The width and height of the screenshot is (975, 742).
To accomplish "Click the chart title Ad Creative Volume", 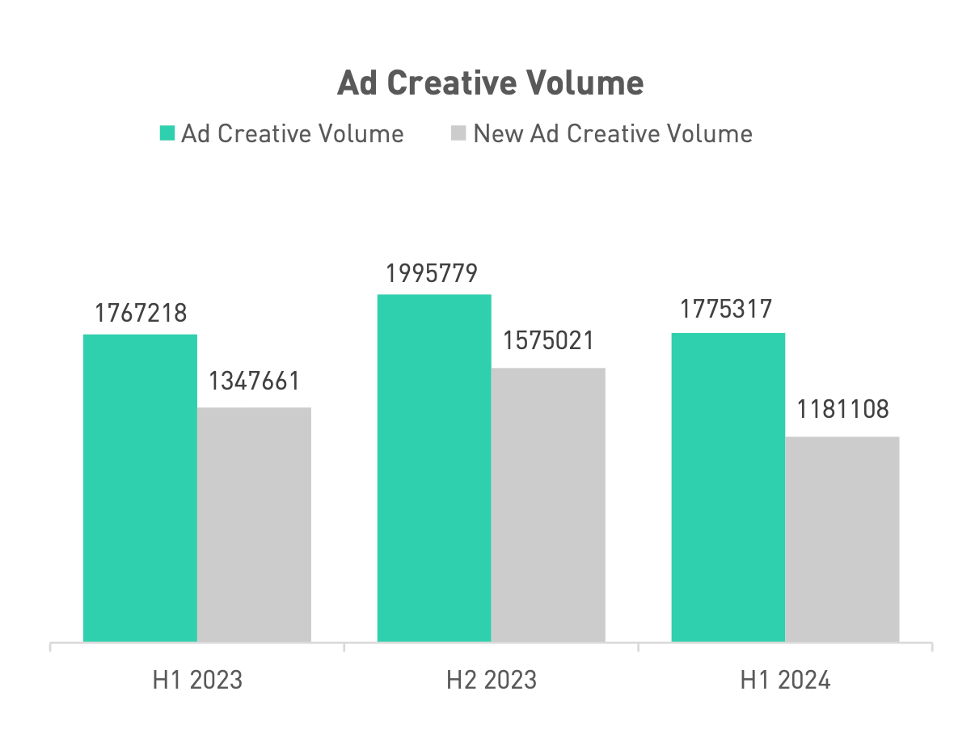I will pos(490,82).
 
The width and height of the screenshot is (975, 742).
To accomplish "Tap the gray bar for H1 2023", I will pos(254,525).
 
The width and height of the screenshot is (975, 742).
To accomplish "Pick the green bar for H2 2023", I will pos(434,468).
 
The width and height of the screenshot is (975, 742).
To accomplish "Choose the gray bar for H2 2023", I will pos(548,505).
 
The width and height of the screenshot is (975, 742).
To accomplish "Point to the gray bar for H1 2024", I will pos(842,539).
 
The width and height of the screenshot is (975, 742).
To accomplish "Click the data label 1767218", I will pos(141,314).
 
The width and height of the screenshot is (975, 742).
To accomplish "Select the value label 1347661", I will pos(255,381).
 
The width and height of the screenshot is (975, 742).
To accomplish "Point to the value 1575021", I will pos(548,340).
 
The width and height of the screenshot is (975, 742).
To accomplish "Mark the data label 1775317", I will pos(728,310).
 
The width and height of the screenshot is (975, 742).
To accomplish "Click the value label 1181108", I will pos(842,409).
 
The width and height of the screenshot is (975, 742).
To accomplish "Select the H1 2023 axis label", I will pos(197,680).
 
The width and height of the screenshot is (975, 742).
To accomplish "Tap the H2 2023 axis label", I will pos(492,680).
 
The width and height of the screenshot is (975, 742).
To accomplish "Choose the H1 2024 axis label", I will pos(785,680).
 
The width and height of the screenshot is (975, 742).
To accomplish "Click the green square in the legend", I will pos(167,133).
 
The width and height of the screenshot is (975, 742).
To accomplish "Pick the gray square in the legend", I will pos(458,133).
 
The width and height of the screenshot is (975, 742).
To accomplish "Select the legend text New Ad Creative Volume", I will pos(613,133).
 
